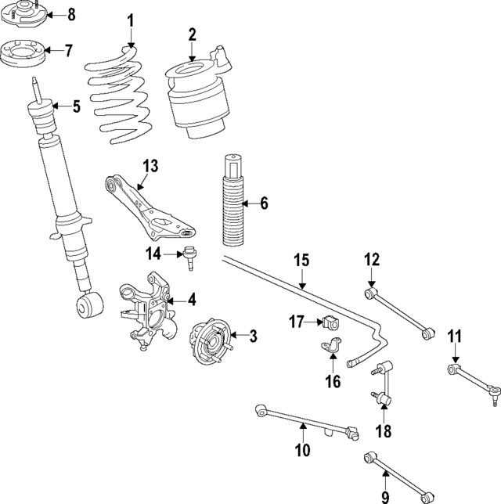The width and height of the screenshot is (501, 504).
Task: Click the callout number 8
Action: click(71, 15)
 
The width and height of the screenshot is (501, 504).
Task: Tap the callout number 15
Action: click(302, 260)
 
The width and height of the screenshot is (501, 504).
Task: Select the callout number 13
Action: click(150, 166)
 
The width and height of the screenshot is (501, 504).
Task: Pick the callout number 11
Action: click(455, 337)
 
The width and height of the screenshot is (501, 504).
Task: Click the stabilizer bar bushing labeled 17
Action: click(330, 322)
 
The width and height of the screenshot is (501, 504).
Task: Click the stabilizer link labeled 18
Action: click(381, 383)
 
